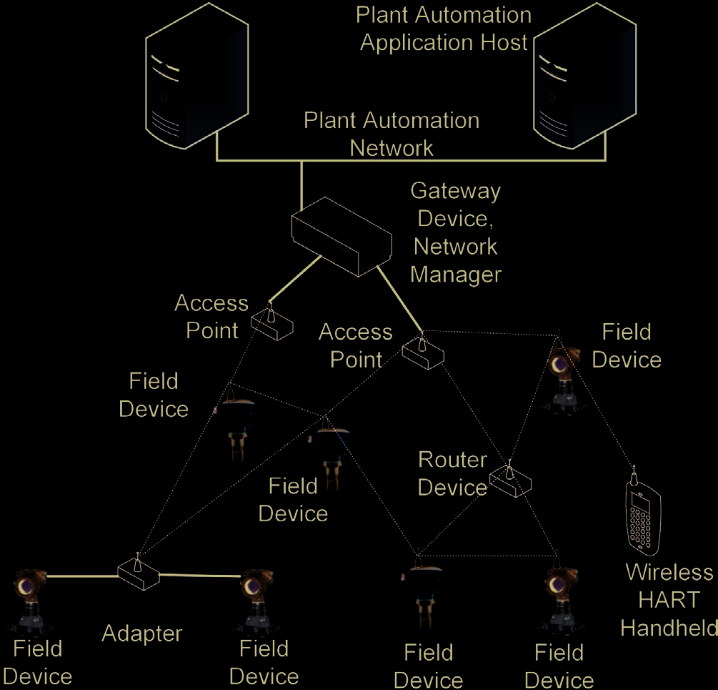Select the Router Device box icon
click(511, 483)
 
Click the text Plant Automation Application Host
click(444, 29)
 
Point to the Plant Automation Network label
click(392, 134)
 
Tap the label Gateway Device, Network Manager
click(456, 232)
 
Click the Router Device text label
click(452, 473)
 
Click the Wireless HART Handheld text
click(669, 600)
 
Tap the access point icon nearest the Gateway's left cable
click(272, 324)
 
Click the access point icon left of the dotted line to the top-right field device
click(423, 351)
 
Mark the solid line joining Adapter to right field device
click(200, 576)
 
